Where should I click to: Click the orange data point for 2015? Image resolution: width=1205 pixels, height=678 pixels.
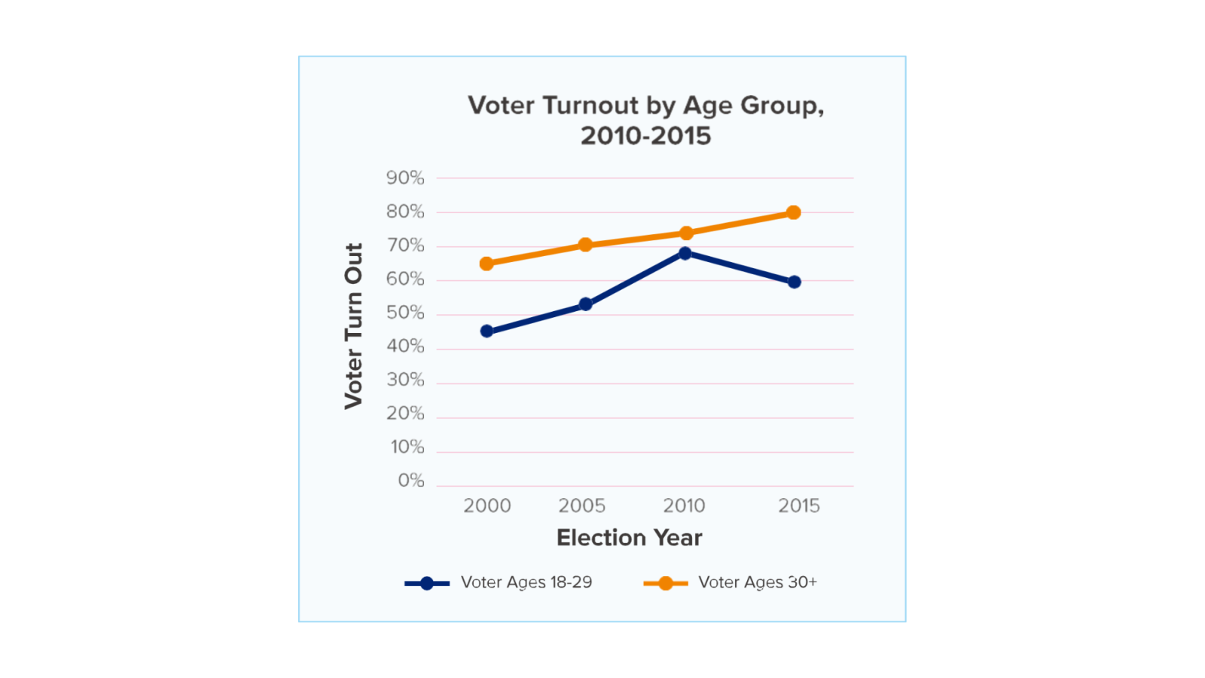(x=793, y=212)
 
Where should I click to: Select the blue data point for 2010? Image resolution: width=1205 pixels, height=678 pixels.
(x=685, y=253)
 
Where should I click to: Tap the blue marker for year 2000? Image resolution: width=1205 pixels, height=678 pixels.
(x=487, y=331)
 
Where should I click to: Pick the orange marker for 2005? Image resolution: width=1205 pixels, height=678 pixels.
(x=585, y=245)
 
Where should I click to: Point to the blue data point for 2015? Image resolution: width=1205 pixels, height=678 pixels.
(x=794, y=282)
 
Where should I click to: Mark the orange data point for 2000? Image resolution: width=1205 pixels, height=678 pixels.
(x=487, y=264)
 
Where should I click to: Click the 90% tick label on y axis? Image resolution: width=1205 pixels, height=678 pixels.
(x=405, y=178)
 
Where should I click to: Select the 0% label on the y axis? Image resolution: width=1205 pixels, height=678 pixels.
(x=411, y=481)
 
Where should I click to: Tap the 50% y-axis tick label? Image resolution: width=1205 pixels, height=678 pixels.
(x=405, y=313)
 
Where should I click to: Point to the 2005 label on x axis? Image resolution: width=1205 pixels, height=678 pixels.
(x=581, y=505)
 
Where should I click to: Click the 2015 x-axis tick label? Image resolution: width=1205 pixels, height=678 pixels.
(x=798, y=505)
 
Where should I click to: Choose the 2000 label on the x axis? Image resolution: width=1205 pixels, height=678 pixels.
(x=487, y=505)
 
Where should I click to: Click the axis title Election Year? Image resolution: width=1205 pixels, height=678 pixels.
(x=629, y=538)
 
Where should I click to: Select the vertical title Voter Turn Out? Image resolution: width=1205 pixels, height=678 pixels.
(x=353, y=325)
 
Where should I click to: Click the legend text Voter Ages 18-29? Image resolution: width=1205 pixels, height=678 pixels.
(x=526, y=582)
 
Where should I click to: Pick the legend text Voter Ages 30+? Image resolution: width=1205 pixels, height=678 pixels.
(x=757, y=582)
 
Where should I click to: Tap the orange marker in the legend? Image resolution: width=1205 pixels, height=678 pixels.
(x=665, y=583)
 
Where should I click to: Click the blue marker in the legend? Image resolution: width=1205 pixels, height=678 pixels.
(x=427, y=583)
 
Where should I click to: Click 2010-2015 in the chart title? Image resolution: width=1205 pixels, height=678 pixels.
(x=645, y=136)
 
